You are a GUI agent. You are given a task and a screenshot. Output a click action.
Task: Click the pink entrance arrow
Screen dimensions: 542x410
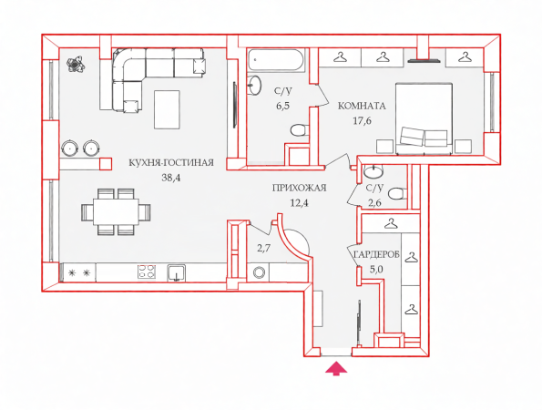336,368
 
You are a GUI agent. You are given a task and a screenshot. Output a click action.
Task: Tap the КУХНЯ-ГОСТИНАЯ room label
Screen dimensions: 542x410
171,162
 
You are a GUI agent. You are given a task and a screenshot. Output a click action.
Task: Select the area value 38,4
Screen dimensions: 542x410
171,178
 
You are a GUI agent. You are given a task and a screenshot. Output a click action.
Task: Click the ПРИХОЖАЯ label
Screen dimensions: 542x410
300,188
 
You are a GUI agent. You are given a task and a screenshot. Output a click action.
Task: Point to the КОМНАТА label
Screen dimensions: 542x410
362,106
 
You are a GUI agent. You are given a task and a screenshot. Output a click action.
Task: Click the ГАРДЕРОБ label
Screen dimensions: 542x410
376,255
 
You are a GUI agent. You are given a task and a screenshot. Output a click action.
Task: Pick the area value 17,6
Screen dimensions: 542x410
362,120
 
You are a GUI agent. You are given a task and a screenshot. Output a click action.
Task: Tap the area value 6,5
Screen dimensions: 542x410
282,106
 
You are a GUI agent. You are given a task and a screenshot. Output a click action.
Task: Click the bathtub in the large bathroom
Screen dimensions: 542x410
276,60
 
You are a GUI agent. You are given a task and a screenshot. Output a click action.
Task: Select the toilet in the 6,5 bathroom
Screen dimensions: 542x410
298,130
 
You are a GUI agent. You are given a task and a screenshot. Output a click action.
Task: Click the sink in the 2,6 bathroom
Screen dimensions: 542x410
373,172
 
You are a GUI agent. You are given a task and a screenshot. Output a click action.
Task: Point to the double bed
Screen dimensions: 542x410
424,118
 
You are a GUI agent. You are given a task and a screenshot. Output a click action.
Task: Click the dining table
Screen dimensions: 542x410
116,211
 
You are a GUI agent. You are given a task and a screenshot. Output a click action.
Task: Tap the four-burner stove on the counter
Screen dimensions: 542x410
147,272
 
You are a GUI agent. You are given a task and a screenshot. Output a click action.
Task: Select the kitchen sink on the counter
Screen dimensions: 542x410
177,272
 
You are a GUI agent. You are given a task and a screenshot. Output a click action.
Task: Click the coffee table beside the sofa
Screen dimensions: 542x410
167,109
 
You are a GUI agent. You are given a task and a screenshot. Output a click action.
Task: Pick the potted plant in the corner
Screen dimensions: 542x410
76,64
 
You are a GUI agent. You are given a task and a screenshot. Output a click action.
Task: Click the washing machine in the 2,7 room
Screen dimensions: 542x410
259,272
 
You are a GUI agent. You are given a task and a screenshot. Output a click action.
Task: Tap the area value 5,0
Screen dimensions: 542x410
376,270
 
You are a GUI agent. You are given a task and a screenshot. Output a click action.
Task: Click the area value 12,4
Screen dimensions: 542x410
300,203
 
